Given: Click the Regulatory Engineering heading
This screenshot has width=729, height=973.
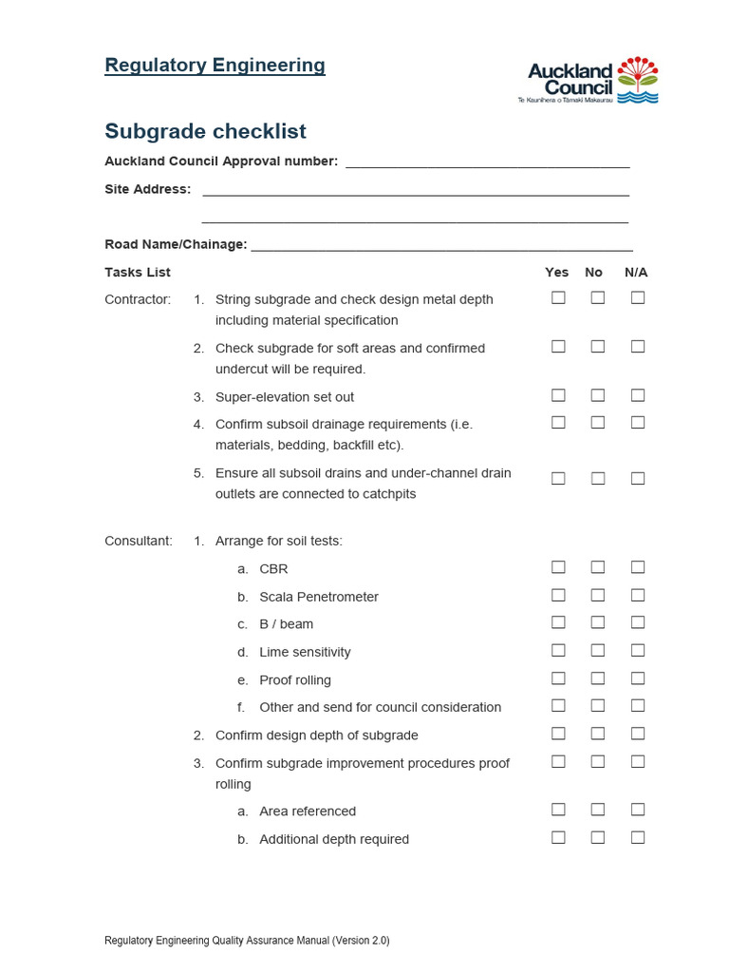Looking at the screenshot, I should tap(215, 66).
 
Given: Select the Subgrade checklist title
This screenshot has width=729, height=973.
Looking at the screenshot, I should tap(205, 131).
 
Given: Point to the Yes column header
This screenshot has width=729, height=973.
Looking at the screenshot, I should tap(557, 273).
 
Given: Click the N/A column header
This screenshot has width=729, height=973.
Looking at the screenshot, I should tap(636, 273).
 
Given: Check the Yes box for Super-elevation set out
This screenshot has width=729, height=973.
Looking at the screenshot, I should tap(558, 395).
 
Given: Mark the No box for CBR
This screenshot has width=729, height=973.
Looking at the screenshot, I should tap(598, 567).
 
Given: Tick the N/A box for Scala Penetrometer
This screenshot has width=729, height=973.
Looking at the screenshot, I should tap(638, 595).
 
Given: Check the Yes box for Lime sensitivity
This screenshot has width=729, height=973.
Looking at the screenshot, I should tap(558, 650).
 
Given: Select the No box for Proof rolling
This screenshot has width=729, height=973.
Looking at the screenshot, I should tap(598, 678).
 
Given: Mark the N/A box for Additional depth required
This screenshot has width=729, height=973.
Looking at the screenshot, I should tap(638, 837).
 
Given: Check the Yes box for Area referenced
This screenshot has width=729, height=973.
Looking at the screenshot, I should tap(558, 810).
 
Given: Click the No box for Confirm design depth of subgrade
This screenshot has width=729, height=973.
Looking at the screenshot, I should tap(598, 734).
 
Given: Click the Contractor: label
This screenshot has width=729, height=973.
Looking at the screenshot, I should tap(138, 299).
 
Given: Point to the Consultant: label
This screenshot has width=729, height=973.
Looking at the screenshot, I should tap(139, 541).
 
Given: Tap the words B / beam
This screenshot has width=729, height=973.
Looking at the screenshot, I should tap(286, 624).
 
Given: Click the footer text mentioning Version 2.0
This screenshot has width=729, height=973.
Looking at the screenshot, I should tap(247, 941).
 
